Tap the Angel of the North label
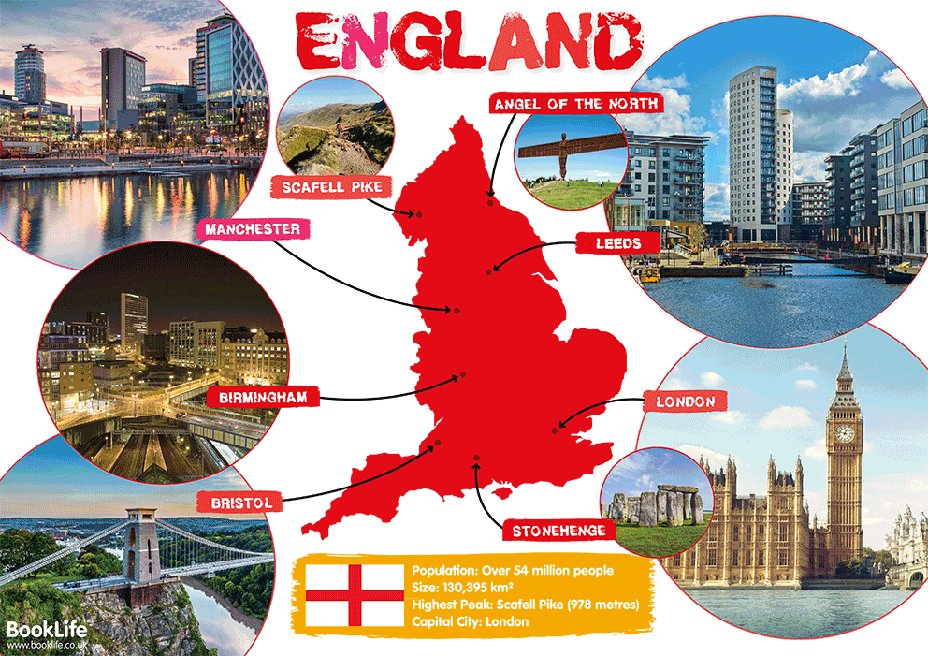coord(575,103)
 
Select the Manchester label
coord(253,229)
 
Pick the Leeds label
coord(618,243)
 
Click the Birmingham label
coord(262,398)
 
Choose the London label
coord(685,402)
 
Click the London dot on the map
coord(555,431)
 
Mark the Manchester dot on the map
coord(457,310)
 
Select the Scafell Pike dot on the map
coord(419,215)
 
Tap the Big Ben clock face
coord(844,433)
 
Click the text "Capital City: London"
coord(471,621)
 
